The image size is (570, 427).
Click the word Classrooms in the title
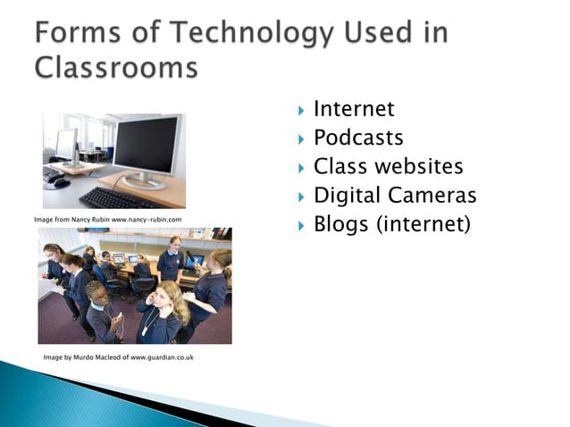117,68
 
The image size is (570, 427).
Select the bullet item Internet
354,109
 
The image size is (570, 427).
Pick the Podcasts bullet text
358,138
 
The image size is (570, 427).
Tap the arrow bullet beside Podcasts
300,138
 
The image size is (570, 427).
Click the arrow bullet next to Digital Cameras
300,196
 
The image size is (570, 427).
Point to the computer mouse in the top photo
60,182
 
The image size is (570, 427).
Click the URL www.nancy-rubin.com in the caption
147,219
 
